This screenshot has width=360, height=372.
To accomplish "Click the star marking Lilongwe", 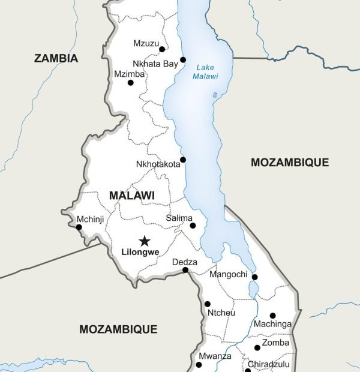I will point(145,241).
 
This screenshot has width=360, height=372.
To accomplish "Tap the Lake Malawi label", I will point(205,72).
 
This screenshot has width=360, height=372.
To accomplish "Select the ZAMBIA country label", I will point(56,58).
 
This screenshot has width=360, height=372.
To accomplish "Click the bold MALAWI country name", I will point(131,196).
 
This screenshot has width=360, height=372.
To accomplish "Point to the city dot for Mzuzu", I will point(162,49).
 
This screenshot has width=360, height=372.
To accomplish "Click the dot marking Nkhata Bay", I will point(183,59).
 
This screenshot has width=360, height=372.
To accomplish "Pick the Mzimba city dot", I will point(131,83).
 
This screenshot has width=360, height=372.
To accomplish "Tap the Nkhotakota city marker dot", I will point(183,160).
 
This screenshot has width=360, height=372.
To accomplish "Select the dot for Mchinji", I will point(79,227).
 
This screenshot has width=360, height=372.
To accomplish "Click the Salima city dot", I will point(193,226).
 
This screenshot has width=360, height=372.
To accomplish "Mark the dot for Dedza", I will point(185,270).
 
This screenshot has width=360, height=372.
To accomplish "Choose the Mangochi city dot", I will point(254,277).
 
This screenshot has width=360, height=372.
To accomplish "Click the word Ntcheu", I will point(221,313).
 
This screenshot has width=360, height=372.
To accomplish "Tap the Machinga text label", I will point(273,325).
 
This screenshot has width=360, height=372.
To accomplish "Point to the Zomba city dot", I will point(257,347).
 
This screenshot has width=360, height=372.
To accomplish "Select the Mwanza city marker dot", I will point(199,365).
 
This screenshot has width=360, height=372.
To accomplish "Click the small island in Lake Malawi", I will point(215,95).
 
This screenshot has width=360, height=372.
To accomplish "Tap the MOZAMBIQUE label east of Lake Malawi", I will point(290,162).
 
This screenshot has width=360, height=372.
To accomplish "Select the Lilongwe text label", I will point(140,253).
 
